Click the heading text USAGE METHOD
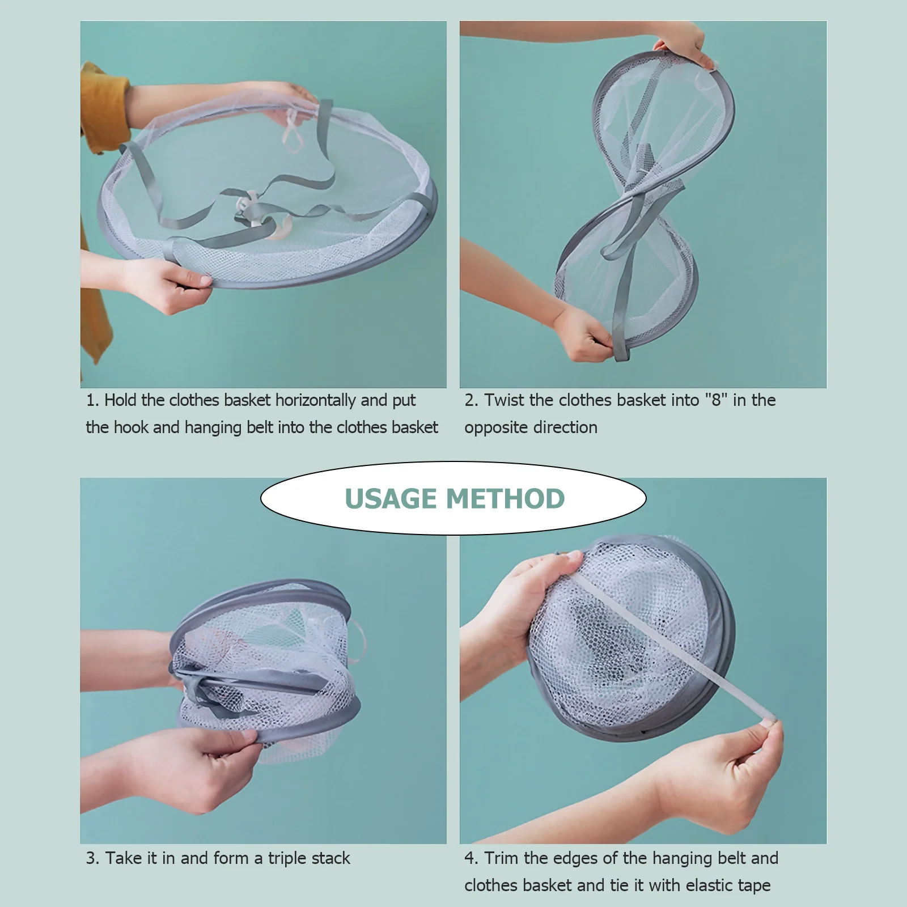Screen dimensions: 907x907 [x=454, y=499]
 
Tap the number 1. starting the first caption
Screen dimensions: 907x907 [x=92, y=400]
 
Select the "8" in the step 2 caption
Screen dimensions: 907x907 [x=716, y=400]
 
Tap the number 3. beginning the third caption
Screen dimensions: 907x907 [x=92, y=858]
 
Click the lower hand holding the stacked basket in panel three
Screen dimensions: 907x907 [x=187, y=765]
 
